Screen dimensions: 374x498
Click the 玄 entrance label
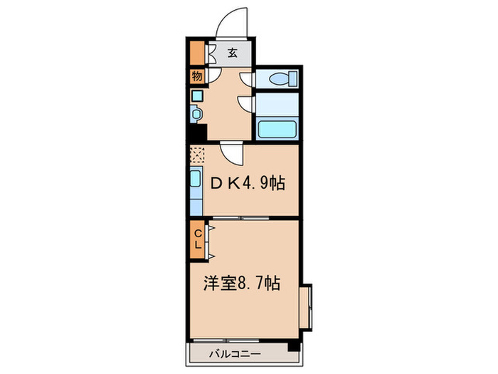point(233,53)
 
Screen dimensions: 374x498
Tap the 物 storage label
point(196,76)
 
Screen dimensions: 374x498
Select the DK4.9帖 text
point(246,184)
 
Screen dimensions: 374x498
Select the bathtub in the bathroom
point(277,130)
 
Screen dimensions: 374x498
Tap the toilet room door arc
point(246,79)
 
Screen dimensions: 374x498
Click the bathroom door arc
point(246,105)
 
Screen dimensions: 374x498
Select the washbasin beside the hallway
point(197,112)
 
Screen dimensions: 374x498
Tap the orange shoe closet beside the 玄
point(196,53)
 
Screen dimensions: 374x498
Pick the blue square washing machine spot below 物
point(196,93)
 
